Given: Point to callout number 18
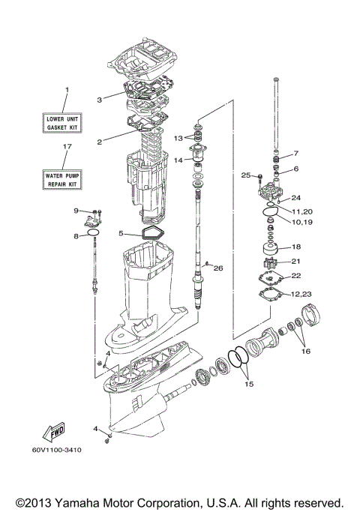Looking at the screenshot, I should pyautogui.click(x=295, y=247).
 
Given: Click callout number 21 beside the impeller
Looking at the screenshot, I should pyautogui.click(x=295, y=261).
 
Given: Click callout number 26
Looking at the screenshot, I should pyautogui.click(x=218, y=268).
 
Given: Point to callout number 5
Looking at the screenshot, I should pyautogui.click(x=120, y=233).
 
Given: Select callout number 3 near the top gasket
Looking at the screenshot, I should pyautogui.click(x=99, y=99).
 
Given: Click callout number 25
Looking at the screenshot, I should pyautogui.click(x=244, y=175).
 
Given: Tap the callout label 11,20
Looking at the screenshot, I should pyautogui.click(x=301, y=211).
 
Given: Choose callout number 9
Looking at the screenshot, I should pyautogui.click(x=76, y=211).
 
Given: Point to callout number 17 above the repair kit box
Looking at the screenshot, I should pyautogui.click(x=66, y=148).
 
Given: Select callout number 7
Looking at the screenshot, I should pyautogui.click(x=295, y=154).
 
